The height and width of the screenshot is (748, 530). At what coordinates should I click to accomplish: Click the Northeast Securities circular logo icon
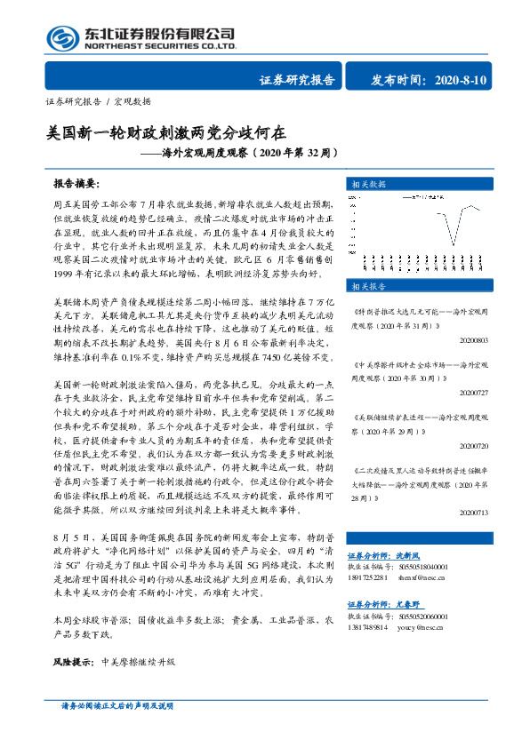[x=61, y=37]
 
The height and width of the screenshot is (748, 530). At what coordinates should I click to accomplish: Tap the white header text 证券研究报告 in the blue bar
[x=297, y=80]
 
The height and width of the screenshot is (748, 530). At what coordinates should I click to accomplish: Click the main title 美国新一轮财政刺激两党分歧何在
[x=166, y=133]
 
